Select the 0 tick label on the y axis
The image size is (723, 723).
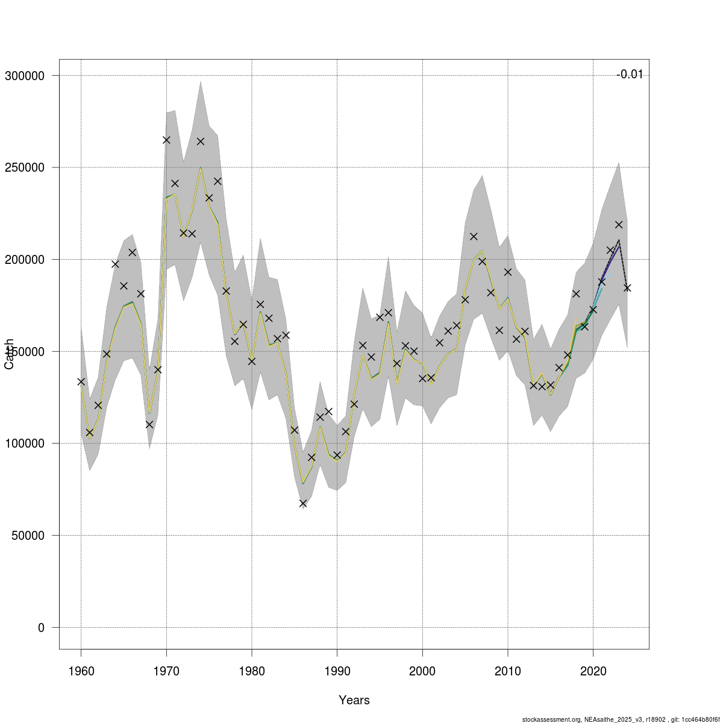point(41,628)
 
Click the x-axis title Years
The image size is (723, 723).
point(354,700)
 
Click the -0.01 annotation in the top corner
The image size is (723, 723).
point(630,75)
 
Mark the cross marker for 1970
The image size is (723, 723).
point(166,140)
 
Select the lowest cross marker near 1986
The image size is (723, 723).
point(303,503)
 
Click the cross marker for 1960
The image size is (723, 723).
point(81,381)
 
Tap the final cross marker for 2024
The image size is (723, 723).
point(627,288)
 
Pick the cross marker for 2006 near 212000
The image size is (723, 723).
point(474,236)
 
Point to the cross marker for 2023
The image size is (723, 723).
point(619,225)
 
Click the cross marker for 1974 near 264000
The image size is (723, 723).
point(201,141)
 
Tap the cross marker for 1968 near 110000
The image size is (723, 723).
point(149,424)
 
